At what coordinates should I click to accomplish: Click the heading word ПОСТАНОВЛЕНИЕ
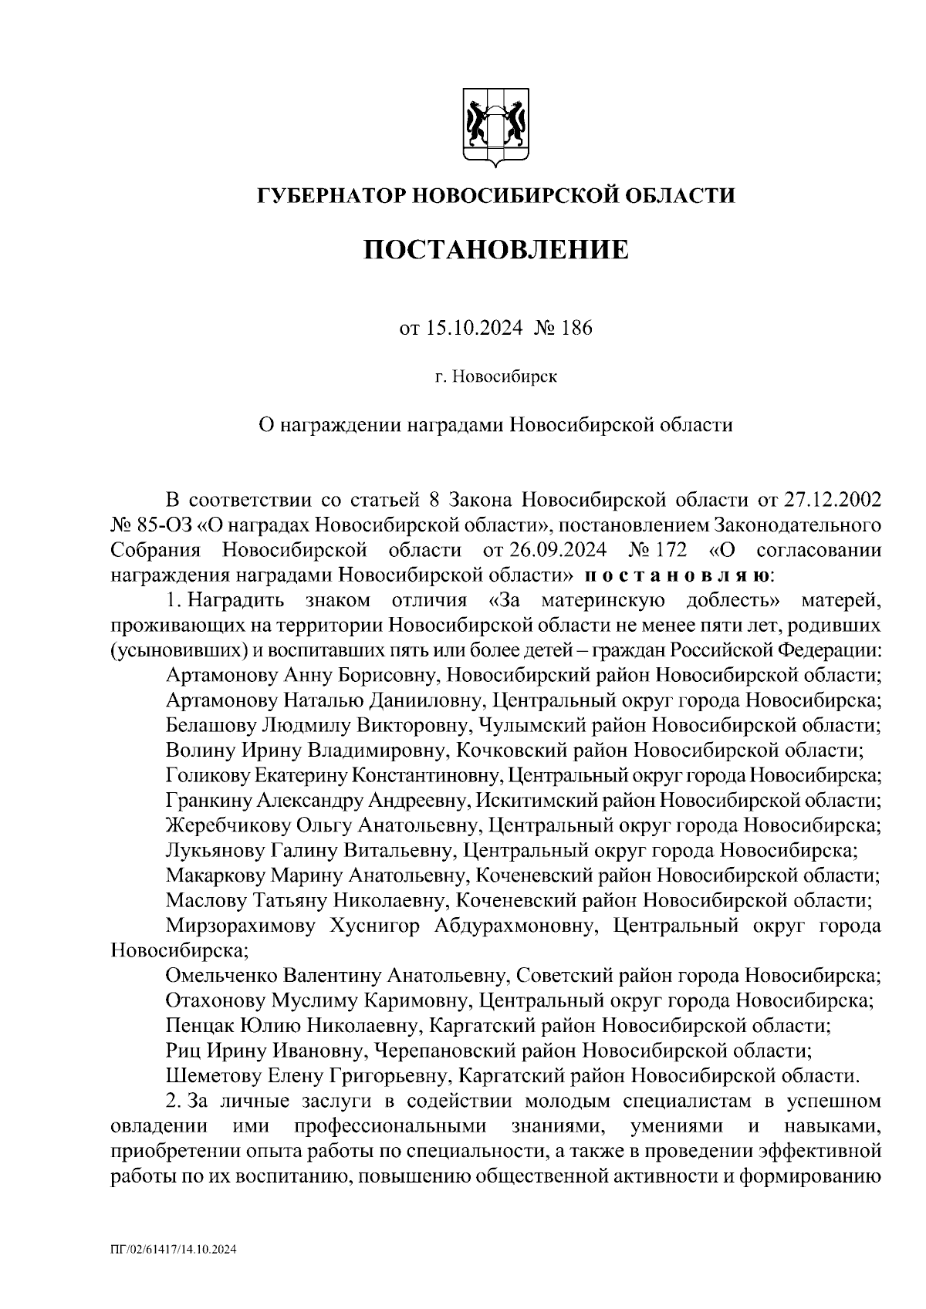pos(495,250)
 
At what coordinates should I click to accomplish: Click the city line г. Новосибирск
pos(495,377)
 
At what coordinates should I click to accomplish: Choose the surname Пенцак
pos(196,1026)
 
